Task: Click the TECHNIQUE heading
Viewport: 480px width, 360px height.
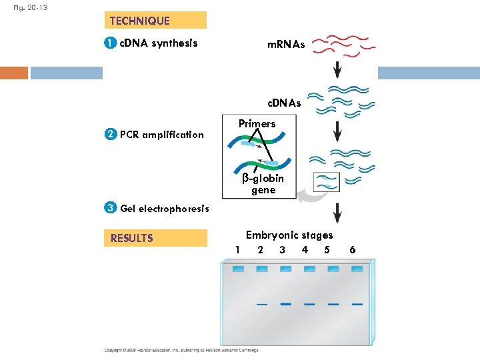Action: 140,21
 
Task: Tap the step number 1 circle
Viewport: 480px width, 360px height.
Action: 110,43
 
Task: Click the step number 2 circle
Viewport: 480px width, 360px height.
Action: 110,135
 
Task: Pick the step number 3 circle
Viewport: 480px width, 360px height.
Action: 110,208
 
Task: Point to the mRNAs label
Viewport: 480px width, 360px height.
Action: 286,45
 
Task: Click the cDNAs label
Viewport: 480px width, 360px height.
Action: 284,103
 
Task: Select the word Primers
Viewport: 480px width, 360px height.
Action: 257,124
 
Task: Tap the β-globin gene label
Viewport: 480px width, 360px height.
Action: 263,184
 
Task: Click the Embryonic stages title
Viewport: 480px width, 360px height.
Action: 289,235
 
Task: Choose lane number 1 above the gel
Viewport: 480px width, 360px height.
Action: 237,250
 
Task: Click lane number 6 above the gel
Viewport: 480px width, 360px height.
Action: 352,250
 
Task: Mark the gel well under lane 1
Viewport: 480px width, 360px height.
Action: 238,269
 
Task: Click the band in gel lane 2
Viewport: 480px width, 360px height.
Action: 261,304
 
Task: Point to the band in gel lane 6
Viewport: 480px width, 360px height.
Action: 357,304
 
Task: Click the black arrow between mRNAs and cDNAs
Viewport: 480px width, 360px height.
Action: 337,68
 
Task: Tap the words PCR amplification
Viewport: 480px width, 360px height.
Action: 161,135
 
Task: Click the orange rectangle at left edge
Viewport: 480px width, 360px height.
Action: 14,73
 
